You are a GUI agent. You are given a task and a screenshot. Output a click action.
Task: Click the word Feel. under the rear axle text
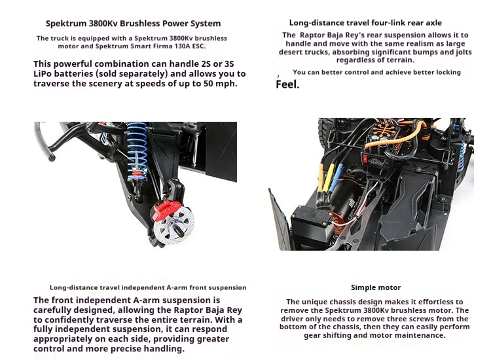(287, 84)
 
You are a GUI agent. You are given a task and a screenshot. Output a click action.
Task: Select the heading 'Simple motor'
(376, 287)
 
